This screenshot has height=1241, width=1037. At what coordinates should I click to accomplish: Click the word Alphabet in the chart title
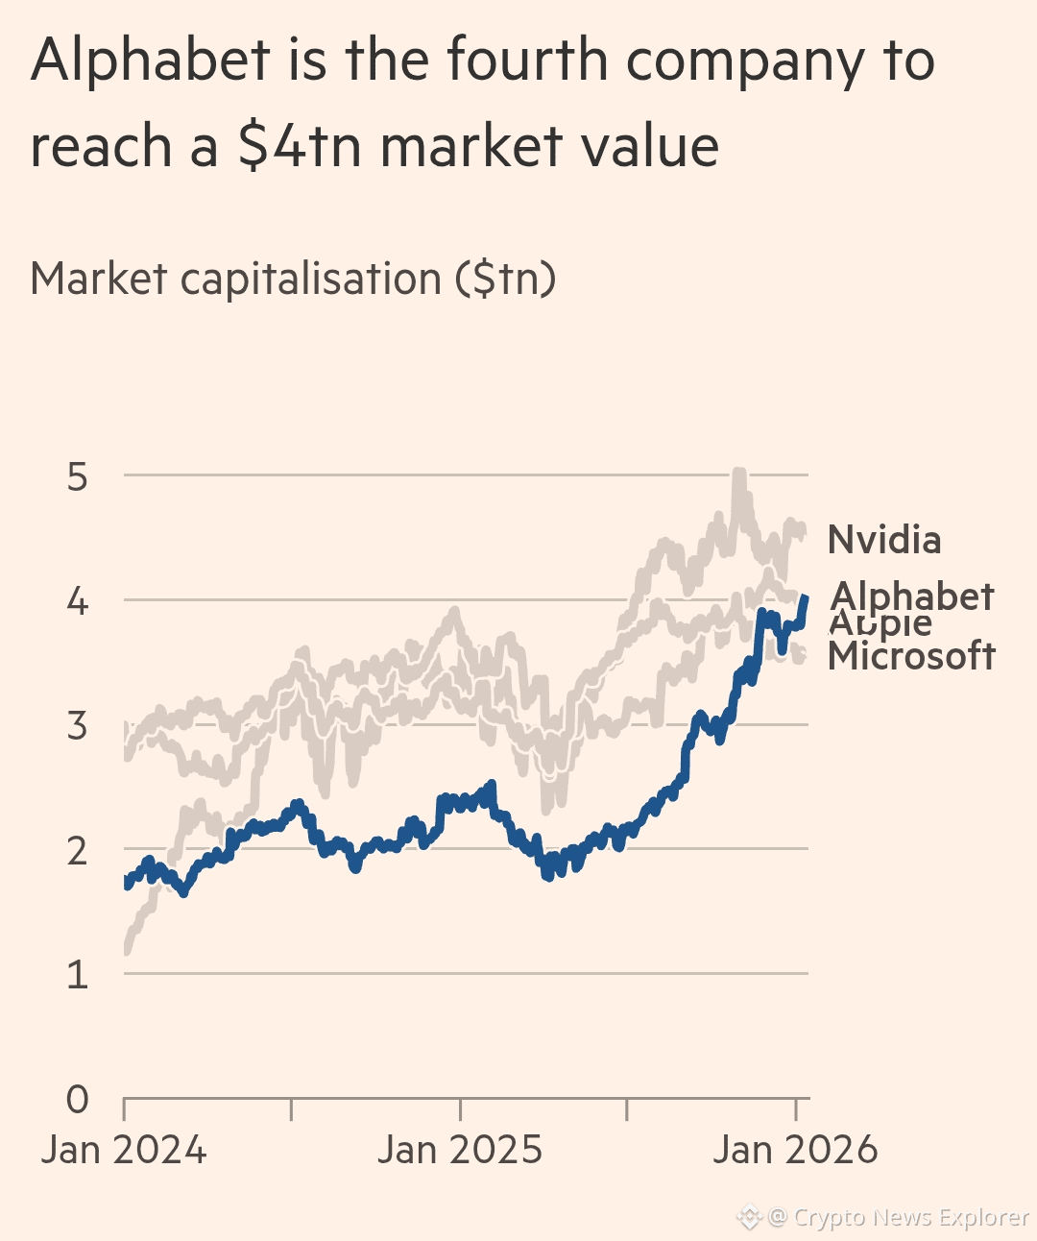click(x=152, y=60)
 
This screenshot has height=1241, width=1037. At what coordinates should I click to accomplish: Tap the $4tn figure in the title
click(x=298, y=147)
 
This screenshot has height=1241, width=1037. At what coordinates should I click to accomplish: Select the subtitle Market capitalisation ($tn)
click(x=293, y=280)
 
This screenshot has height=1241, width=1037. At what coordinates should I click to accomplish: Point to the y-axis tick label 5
click(x=78, y=476)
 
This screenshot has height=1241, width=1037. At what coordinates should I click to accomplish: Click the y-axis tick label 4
click(x=78, y=601)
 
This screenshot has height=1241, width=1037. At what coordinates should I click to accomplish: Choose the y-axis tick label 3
click(x=78, y=726)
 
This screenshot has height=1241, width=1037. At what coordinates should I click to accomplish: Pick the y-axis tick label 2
click(x=78, y=851)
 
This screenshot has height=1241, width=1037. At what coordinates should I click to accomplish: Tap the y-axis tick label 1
click(x=78, y=975)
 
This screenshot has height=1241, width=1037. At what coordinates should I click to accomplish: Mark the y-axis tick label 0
click(x=78, y=1099)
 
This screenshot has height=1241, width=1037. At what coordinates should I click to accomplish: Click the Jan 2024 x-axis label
click(x=124, y=1150)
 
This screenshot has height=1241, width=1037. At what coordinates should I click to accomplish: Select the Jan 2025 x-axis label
click(x=460, y=1150)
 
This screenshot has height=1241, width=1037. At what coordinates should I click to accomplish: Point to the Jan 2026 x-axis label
click(x=795, y=1150)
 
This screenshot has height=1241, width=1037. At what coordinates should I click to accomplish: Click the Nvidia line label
click(x=884, y=540)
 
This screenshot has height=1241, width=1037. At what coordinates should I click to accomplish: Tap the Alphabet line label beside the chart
click(x=912, y=596)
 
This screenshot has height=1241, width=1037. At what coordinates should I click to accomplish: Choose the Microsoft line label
click(x=911, y=657)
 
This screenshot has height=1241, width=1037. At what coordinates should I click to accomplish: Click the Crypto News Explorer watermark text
click(x=910, y=1217)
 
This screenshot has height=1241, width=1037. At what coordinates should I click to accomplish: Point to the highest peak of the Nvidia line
click(x=737, y=473)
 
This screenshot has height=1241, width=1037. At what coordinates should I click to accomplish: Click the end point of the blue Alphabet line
click(x=805, y=598)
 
